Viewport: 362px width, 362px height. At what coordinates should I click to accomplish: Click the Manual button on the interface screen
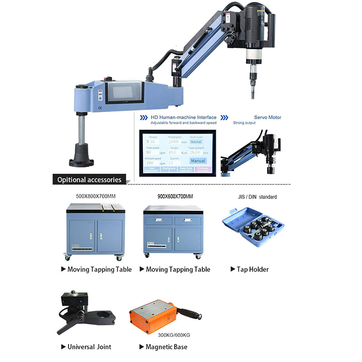click(197, 160)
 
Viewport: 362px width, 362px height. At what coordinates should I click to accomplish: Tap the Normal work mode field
click(195, 142)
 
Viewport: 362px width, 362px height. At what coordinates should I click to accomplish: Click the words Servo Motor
click(267, 117)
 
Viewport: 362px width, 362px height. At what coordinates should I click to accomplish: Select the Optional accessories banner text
click(89, 180)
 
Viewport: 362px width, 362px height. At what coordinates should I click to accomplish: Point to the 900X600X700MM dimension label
click(169, 196)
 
